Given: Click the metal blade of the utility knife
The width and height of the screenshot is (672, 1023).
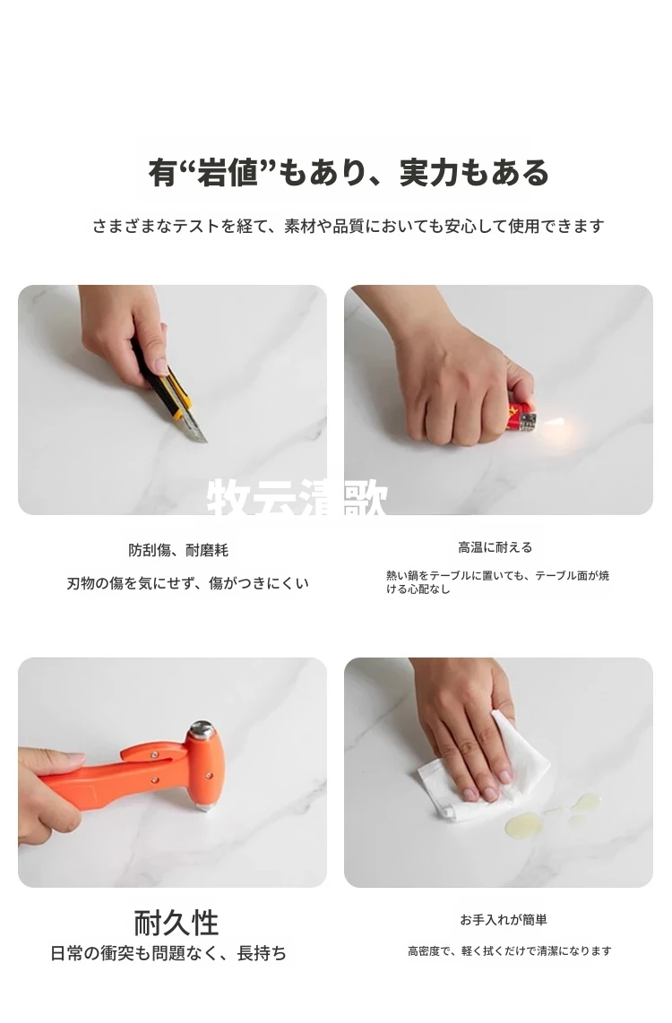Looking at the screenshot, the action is pos(194,426).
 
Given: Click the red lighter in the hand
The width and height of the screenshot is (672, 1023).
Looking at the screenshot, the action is pos(522,417).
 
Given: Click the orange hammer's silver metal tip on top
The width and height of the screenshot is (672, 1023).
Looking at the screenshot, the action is pos(202,729).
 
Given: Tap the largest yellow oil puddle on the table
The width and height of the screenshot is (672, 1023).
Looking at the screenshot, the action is pos(523,825).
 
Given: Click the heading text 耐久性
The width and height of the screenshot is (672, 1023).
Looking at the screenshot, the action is pos(177,923).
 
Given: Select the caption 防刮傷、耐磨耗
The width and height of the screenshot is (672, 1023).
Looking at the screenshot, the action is pos(178,550).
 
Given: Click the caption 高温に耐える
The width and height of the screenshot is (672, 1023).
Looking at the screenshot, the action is pos(495,547).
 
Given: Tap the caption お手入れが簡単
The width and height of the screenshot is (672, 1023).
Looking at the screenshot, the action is pos(504,919).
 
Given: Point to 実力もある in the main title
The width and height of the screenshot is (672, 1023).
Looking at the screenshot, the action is pos(474,173).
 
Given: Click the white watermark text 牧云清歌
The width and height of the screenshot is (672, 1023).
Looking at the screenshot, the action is pos(297,498).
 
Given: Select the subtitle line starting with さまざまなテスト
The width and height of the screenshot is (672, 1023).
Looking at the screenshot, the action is pos(349,227).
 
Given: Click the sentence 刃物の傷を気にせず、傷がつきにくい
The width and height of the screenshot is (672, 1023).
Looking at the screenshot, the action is pos(188,582).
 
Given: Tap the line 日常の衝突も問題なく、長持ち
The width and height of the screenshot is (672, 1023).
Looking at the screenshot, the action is pos(168,953).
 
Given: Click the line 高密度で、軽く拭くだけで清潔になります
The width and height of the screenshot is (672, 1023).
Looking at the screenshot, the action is pos(510,950).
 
